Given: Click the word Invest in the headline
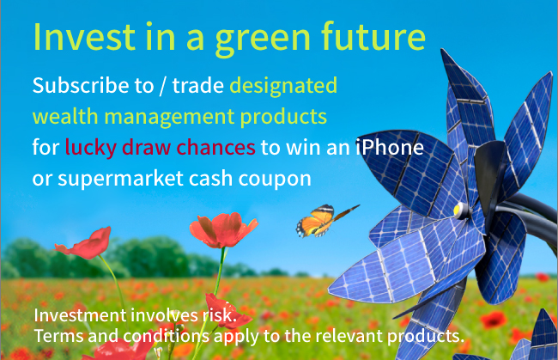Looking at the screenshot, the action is (84, 37).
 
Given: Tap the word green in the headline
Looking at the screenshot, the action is (263, 40).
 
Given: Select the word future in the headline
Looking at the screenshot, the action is (373, 35).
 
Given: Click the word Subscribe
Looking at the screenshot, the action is (81, 85).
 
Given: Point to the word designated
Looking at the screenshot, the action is (283, 87).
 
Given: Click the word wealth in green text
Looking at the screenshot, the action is (65, 116).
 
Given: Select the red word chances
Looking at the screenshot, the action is (215, 147).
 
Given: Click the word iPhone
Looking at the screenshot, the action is (390, 147).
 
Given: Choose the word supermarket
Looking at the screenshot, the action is (120, 179).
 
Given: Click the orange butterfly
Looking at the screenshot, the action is (324, 220).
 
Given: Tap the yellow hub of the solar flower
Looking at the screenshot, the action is (458, 211).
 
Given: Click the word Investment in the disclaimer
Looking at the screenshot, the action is (80, 315).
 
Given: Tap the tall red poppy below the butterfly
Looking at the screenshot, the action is (223, 230).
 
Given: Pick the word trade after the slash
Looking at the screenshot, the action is (197, 86).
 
